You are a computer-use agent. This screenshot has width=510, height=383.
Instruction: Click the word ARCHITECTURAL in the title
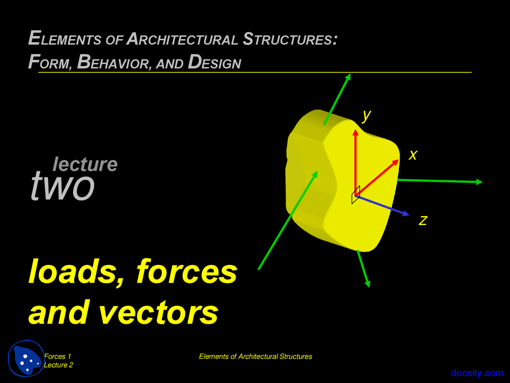pos(182,39)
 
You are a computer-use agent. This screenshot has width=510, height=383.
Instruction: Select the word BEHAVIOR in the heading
pos(114,62)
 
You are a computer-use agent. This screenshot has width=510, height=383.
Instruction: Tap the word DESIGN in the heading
pos(214,62)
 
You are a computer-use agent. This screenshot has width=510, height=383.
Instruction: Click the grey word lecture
pos(85,164)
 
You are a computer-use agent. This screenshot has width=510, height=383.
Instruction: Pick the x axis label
pos(413,154)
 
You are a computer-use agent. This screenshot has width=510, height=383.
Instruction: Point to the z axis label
pos(423,220)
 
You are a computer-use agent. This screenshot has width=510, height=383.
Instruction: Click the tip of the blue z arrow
pos(407,215)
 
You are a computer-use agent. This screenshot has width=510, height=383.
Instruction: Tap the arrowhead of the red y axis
pos(355,132)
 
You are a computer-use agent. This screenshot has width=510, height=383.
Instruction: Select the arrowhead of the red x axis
pos(396,162)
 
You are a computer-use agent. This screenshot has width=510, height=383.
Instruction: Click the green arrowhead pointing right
pos(480,182)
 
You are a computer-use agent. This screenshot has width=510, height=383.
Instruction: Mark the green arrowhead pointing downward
pos(368,284)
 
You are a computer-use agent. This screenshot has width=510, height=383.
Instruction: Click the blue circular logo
pos(26,358)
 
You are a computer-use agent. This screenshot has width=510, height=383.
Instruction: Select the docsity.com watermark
pos(477,373)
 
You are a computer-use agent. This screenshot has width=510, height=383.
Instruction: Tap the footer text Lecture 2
pos(58,365)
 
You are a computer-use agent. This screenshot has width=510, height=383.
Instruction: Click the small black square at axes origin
pos(356,195)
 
